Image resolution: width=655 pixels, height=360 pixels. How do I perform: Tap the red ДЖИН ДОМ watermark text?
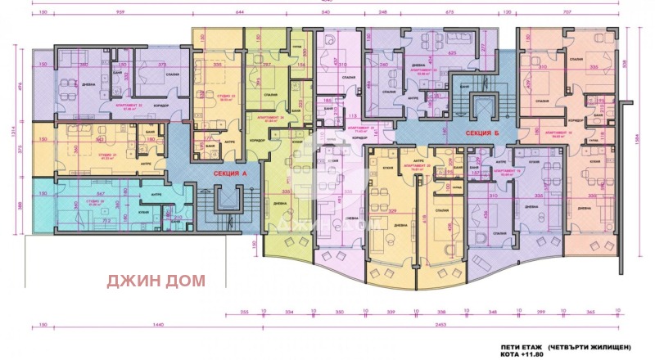click(x=156, y=280)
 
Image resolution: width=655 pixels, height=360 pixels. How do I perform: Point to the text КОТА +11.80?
click(x=515, y=354)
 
